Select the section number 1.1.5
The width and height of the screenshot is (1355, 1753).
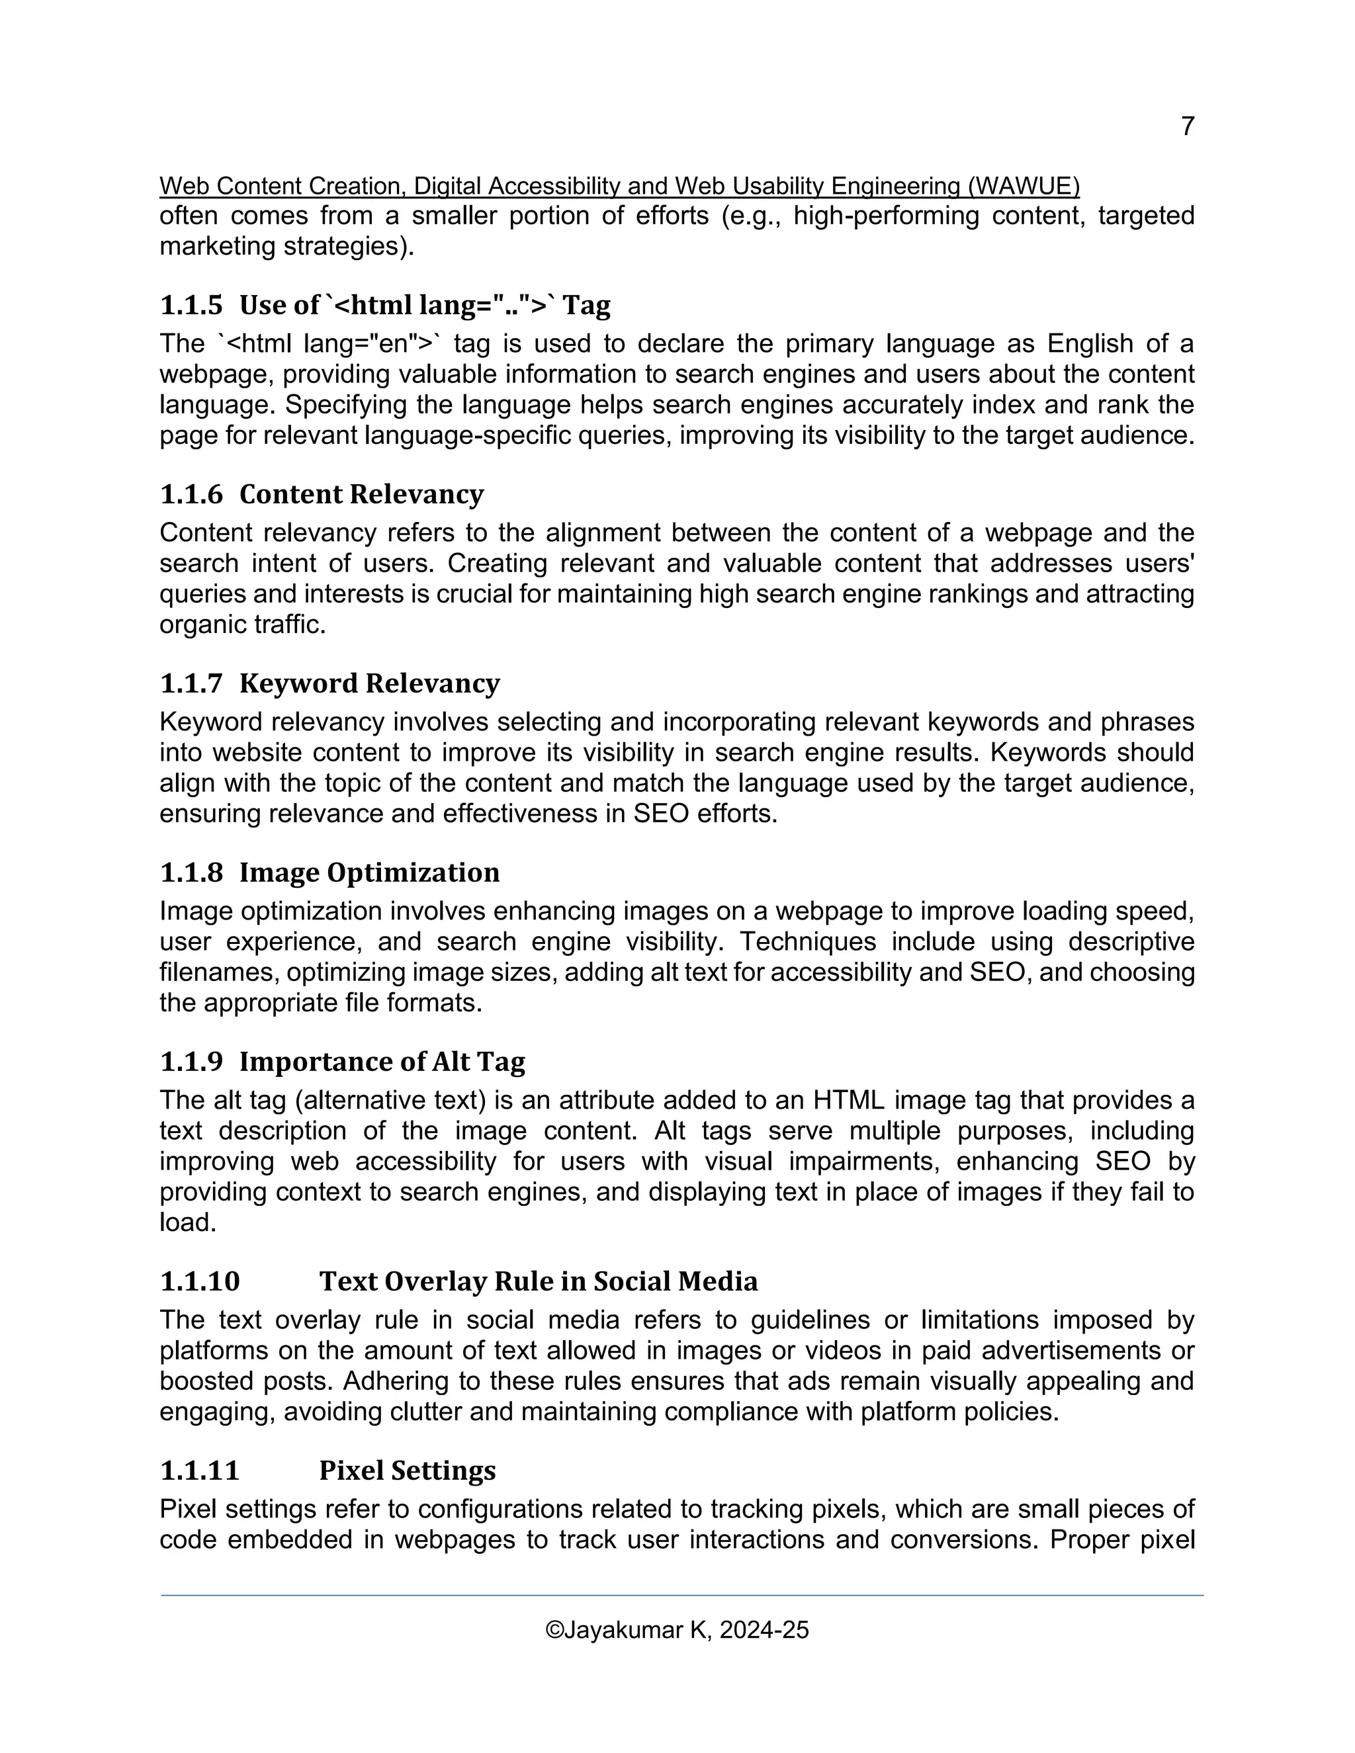(x=191, y=305)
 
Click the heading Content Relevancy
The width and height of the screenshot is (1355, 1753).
(x=361, y=493)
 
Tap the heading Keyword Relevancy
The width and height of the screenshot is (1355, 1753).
(x=369, y=683)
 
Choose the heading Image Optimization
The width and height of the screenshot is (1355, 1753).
(x=369, y=873)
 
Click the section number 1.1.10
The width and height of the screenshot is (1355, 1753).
(x=200, y=1281)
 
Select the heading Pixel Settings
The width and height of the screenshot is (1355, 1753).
(x=407, y=1471)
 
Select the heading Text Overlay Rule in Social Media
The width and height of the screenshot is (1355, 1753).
(x=538, y=1281)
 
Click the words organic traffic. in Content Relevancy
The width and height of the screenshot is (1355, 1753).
(x=242, y=624)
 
